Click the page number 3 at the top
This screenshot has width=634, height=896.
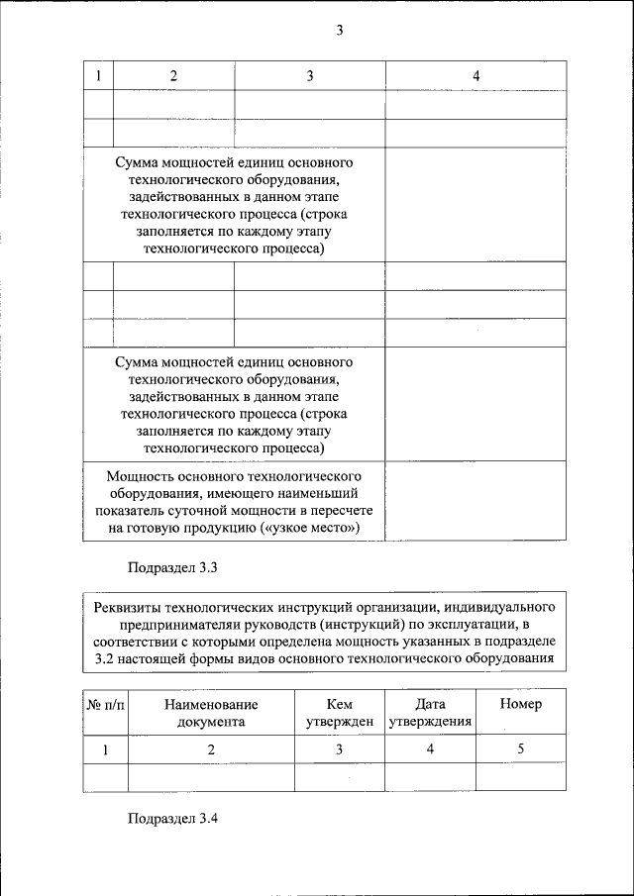click(x=339, y=30)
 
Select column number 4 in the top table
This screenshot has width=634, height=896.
click(x=475, y=76)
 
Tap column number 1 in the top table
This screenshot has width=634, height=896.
click(x=98, y=76)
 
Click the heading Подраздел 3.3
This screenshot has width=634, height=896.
click(x=171, y=568)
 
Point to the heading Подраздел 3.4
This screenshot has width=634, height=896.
click(x=171, y=819)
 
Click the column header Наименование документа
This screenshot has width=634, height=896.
click(x=211, y=713)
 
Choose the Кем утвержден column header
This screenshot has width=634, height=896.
click(x=339, y=713)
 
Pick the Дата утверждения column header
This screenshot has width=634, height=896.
click(x=430, y=713)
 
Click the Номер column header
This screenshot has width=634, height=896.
click(x=521, y=704)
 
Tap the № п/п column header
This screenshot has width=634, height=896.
click(x=106, y=704)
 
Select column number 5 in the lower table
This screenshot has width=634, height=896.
click(x=521, y=749)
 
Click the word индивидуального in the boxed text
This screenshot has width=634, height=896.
click(x=505, y=606)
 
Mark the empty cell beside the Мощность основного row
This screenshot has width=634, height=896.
click(x=475, y=501)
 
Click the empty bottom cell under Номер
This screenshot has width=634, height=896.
click(x=521, y=777)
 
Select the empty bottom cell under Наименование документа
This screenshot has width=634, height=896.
click(x=211, y=777)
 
